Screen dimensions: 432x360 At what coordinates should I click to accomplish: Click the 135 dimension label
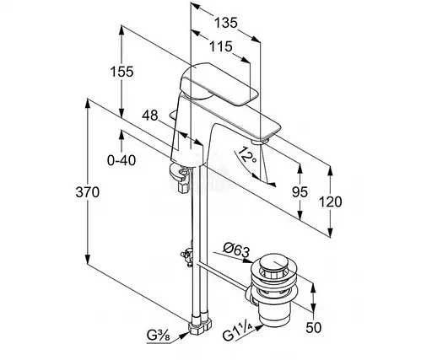(226, 23)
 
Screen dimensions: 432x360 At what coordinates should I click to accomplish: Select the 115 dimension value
(221, 46)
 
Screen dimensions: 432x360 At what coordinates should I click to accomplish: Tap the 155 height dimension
(121, 72)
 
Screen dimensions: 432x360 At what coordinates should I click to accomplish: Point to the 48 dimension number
(150, 116)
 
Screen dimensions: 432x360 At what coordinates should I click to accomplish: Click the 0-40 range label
(121, 160)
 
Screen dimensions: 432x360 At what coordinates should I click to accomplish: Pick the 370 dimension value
(88, 192)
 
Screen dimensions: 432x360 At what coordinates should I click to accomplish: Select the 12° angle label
(247, 155)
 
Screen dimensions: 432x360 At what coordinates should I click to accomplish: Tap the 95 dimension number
(300, 192)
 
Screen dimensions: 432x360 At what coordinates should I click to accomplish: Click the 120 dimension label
(330, 201)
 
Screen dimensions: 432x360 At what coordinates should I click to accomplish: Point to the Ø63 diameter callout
(236, 250)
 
